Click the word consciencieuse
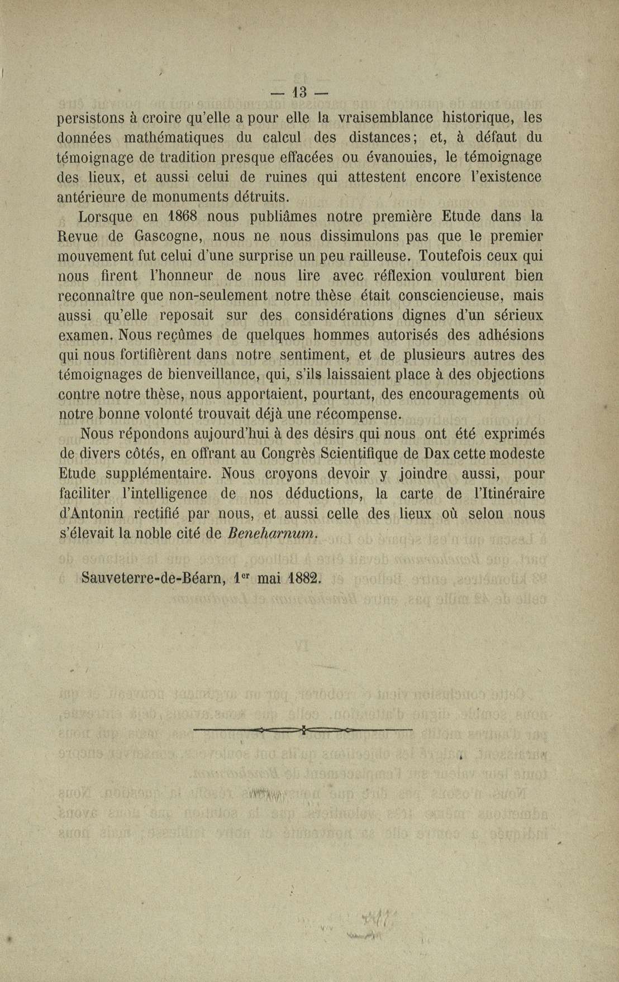point(447,295)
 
